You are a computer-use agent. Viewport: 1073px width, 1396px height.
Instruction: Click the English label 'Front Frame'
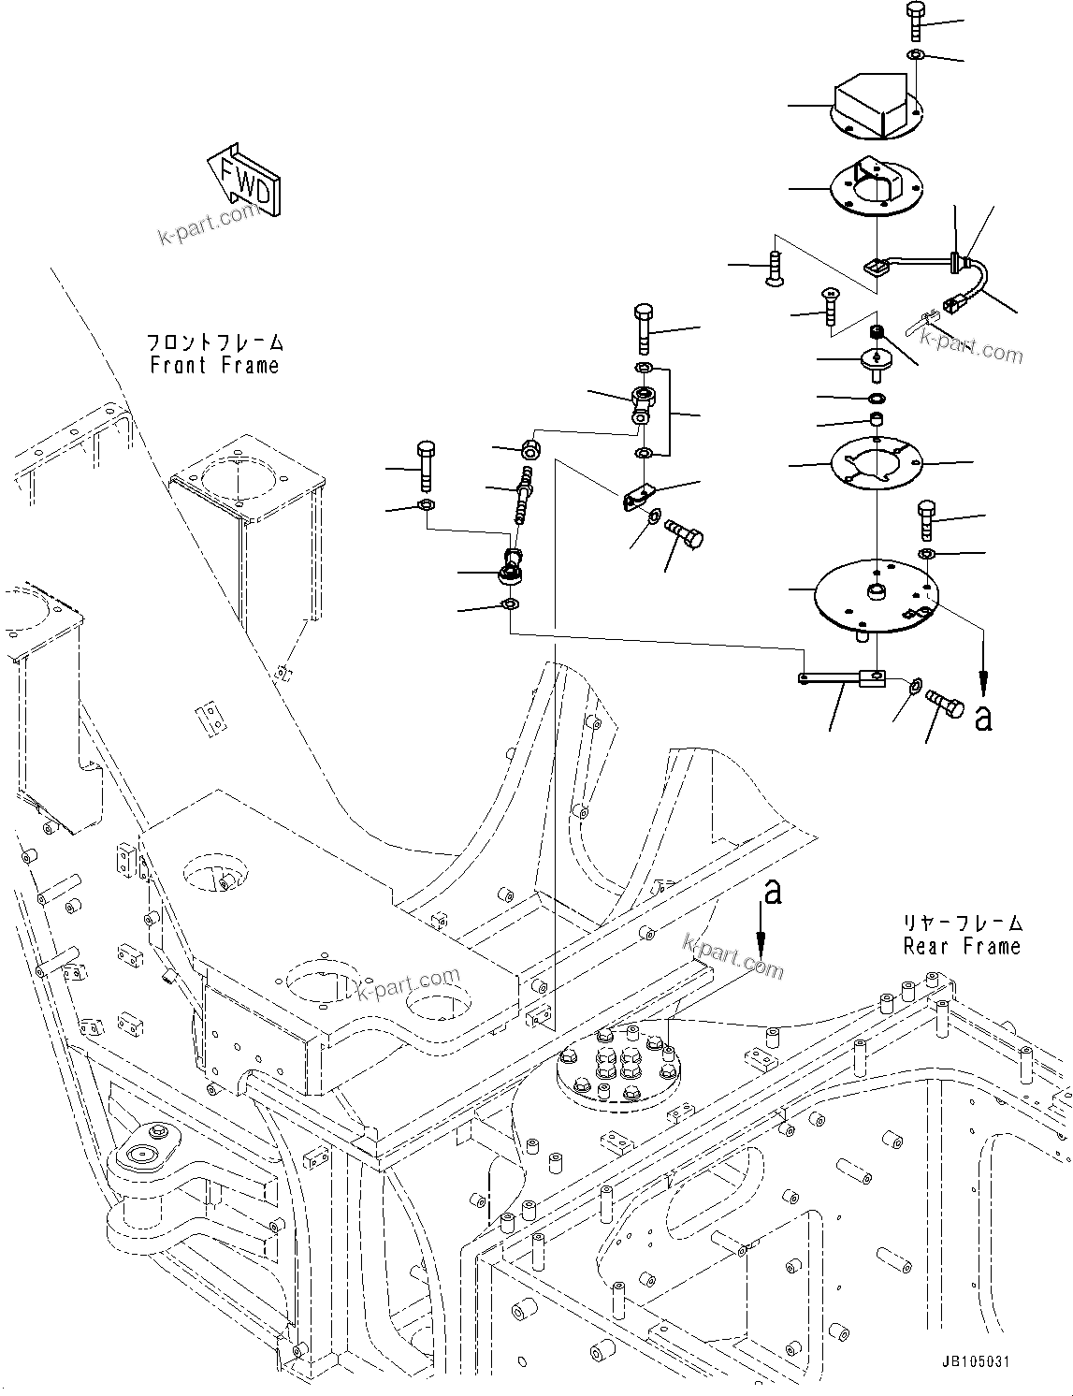tap(214, 366)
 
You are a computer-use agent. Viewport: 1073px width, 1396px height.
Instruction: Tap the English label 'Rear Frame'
tap(961, 947)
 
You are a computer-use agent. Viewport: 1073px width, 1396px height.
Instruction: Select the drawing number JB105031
tap(976, 1362)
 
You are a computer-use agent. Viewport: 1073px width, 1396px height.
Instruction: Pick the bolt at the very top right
tap(917, 21)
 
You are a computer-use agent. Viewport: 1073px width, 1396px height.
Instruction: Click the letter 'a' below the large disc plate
tap(982, 718)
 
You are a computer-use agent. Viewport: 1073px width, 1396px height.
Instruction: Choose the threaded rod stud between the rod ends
tap(523, 501)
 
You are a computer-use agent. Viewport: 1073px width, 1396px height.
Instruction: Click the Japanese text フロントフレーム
tap(214, 343)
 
